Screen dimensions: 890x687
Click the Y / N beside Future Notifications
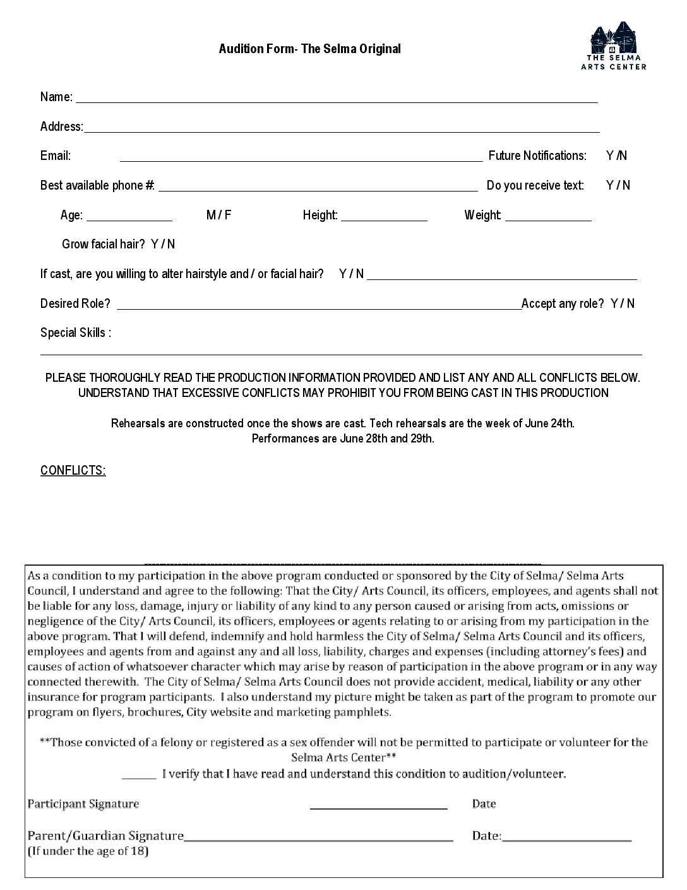616,155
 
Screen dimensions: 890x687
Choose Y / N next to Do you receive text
618,185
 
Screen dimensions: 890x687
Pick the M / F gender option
218,215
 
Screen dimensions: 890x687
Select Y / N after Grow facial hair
163,244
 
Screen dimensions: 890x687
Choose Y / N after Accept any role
622,303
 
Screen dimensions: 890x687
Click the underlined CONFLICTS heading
73,470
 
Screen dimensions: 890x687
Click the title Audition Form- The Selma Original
309,49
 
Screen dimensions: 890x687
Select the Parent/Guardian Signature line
318,838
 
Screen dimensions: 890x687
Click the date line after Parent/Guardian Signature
567,838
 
